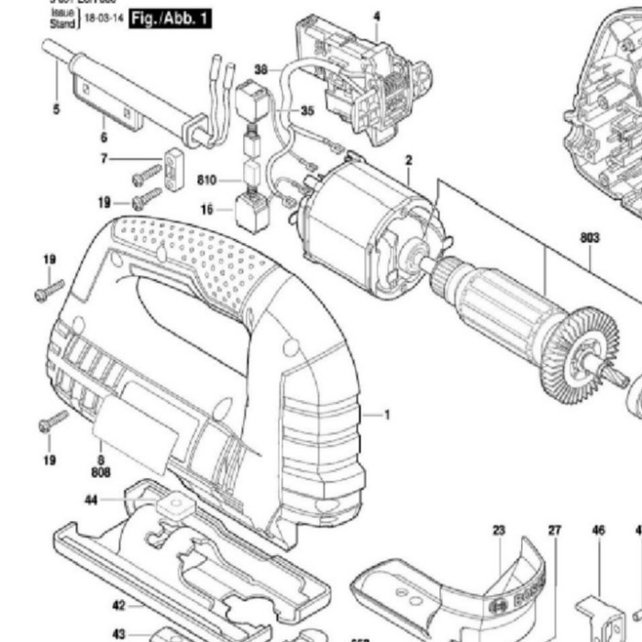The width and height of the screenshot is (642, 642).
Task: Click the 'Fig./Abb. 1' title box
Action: [x=170, y=18]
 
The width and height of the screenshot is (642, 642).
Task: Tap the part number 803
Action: [x=589, y=238]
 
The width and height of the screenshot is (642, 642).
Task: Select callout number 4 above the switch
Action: [x=376, y=16]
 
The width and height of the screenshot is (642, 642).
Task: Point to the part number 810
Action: [x=206, y=181]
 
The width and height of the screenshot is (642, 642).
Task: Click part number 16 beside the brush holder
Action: [x=206, y=210]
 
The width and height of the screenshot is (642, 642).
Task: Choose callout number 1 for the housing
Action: [x=387, y=415]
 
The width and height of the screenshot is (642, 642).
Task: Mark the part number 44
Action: [x=91, y=501]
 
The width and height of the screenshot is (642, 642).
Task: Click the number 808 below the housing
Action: [x=101, y=472]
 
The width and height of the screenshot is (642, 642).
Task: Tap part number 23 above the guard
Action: [x=499, y=530]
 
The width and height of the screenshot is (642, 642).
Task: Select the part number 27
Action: [x=554, y=530]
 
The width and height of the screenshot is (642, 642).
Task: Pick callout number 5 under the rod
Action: [x=56, y=110]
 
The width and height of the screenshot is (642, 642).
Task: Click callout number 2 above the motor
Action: [x=408, y=160]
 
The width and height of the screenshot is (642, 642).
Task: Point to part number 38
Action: [x=260, y=70]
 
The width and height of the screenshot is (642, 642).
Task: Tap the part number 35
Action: [x=306, y=111]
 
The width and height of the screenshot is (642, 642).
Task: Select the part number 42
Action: [x=118, y=605]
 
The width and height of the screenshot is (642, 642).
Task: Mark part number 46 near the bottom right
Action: [x=598, y=530]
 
